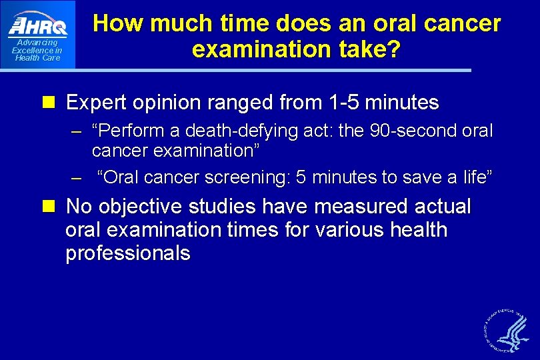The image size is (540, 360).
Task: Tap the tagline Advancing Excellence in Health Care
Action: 37,50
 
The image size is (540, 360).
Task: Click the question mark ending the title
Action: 394,50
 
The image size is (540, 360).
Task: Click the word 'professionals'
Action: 128,254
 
